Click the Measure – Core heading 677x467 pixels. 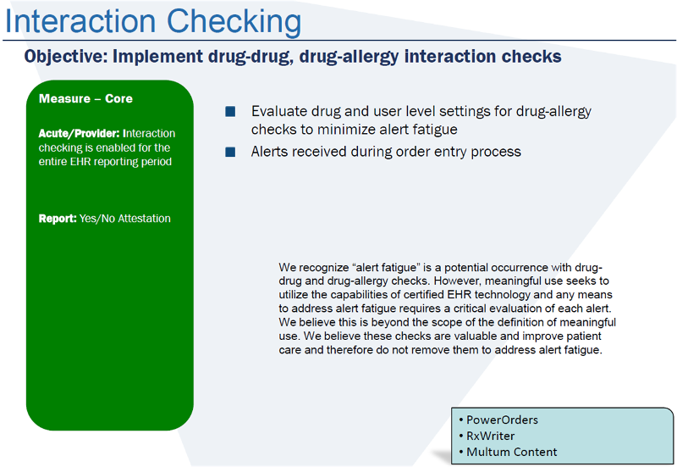(x=85, y=98)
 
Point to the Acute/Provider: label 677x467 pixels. (x=80, y=134)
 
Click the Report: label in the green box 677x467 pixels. (x=57, y=219)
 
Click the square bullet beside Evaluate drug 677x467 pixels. (x=230, y=112)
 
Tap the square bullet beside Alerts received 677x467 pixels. (x=230, y=153)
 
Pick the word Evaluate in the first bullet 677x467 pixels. (x=282, y=112)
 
